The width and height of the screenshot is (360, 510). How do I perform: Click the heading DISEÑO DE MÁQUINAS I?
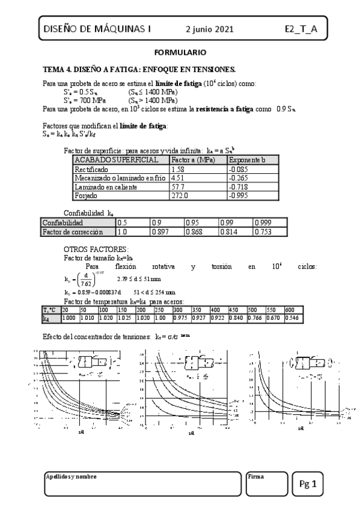[98, 29]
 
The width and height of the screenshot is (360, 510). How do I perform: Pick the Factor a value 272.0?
[180, 195]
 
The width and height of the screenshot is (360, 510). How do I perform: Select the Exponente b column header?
[248, 160]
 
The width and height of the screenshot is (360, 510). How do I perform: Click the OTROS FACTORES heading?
[96, 249]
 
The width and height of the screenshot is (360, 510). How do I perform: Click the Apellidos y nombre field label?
[71, 476]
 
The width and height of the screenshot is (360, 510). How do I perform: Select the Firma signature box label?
[256, 476]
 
